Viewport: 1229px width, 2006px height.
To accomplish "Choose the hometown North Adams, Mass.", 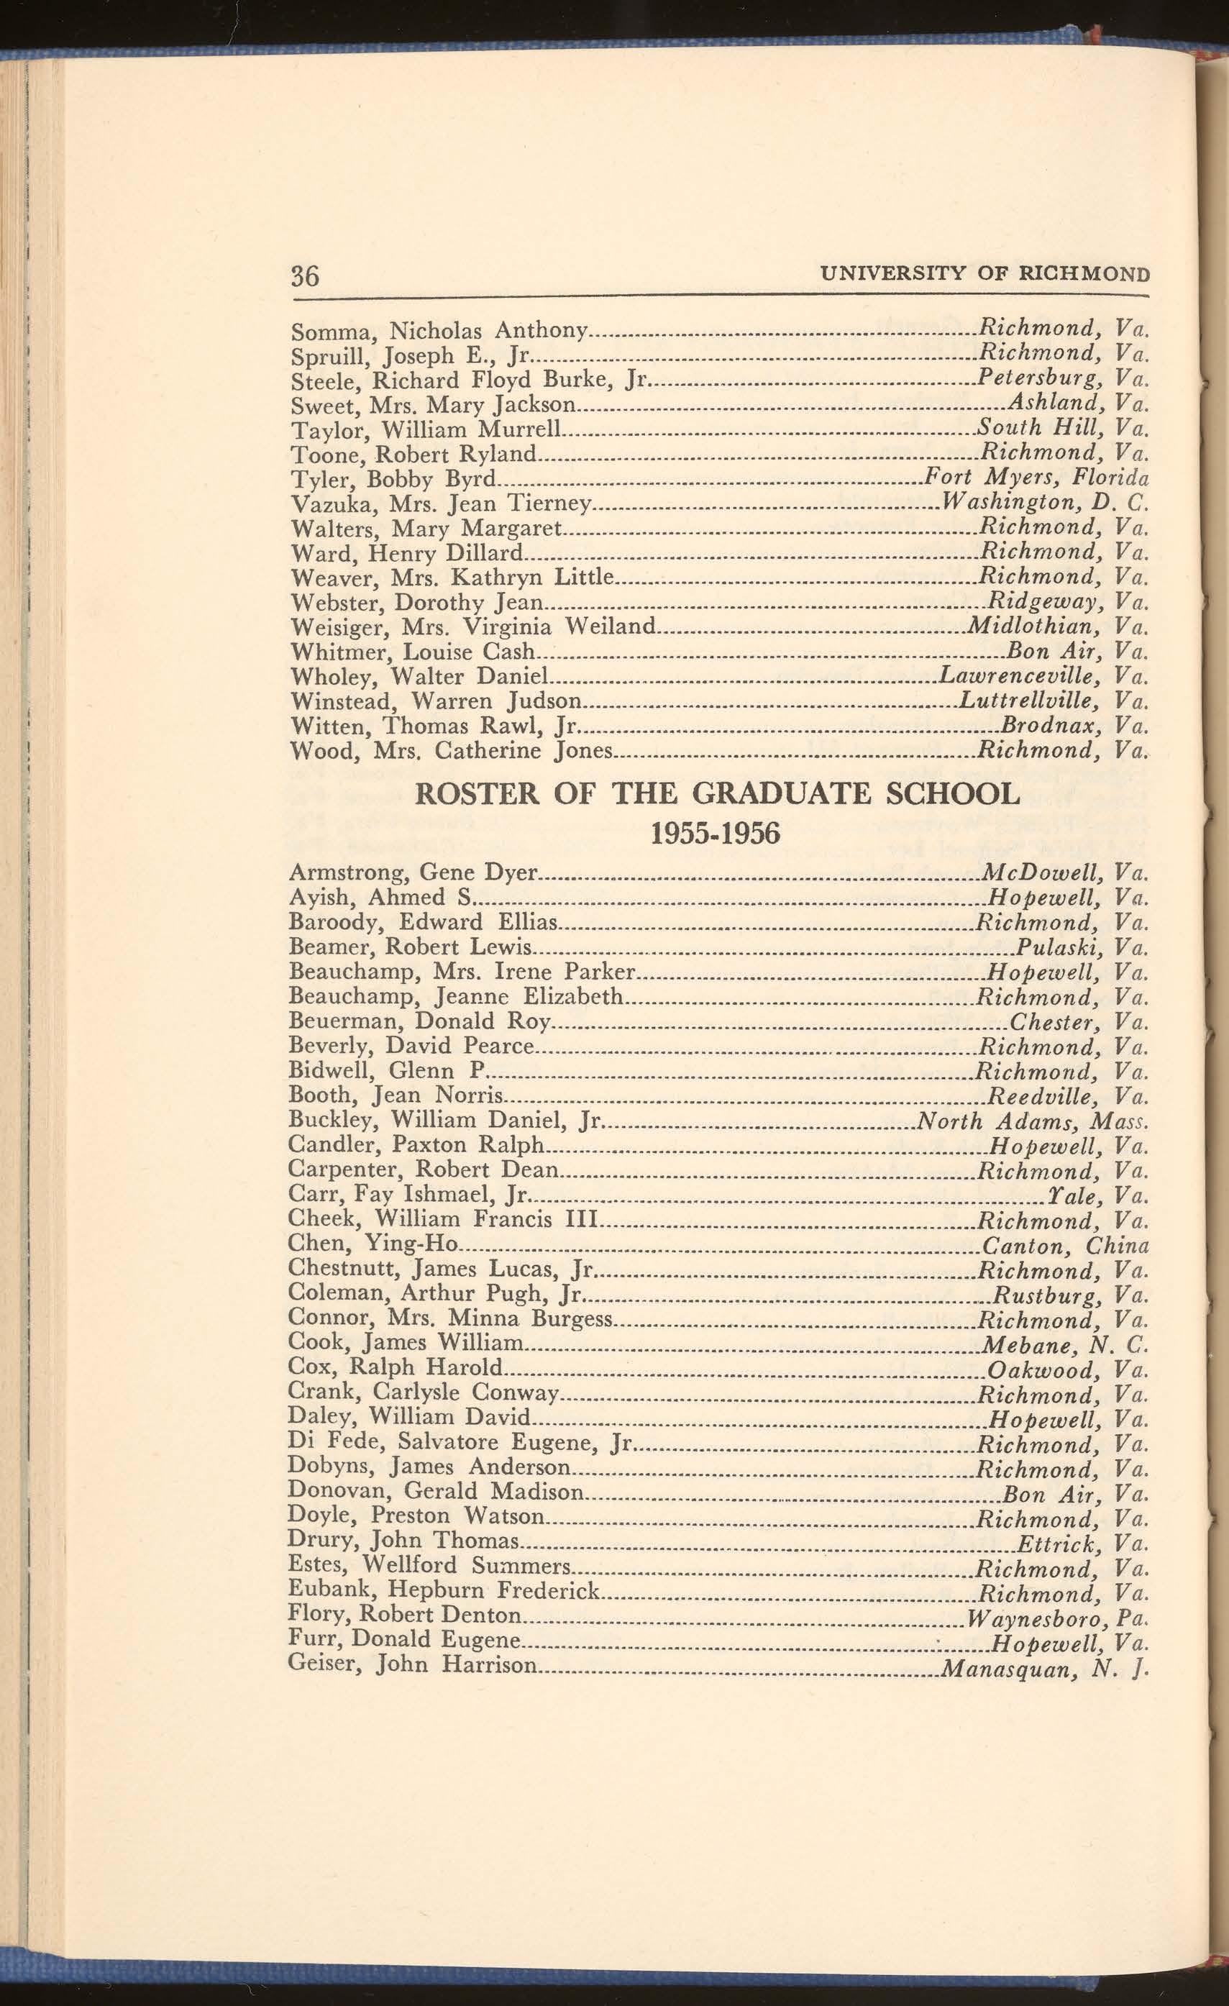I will [1032, 1122].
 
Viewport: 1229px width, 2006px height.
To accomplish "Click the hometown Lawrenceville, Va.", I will [1043, 675].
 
